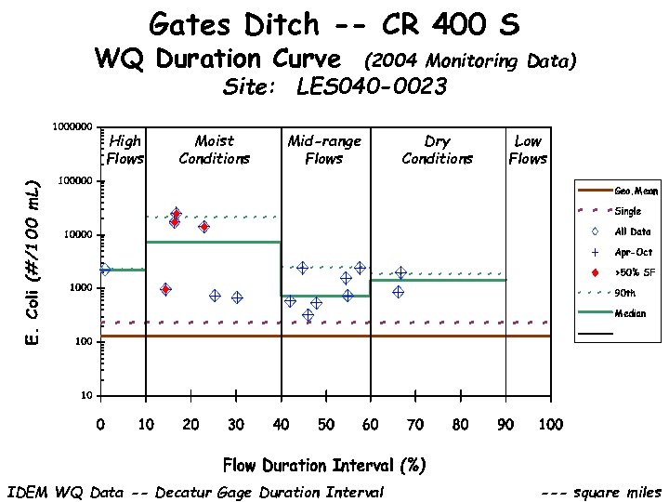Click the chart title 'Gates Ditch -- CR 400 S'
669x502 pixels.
334,23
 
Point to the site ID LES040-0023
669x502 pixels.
371,87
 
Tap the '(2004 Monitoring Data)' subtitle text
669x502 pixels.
470,61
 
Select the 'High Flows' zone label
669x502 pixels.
125,149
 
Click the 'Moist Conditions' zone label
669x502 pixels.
214,149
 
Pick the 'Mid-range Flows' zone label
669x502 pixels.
324,149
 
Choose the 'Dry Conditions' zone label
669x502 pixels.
437,149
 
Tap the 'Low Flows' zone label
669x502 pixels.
528,149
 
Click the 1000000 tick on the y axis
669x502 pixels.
71,126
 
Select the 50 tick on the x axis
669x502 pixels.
326,425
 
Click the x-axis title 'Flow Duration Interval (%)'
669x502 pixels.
324,465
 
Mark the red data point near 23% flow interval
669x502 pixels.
203,227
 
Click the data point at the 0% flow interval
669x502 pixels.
104,270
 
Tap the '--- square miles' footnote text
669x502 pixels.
601,493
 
